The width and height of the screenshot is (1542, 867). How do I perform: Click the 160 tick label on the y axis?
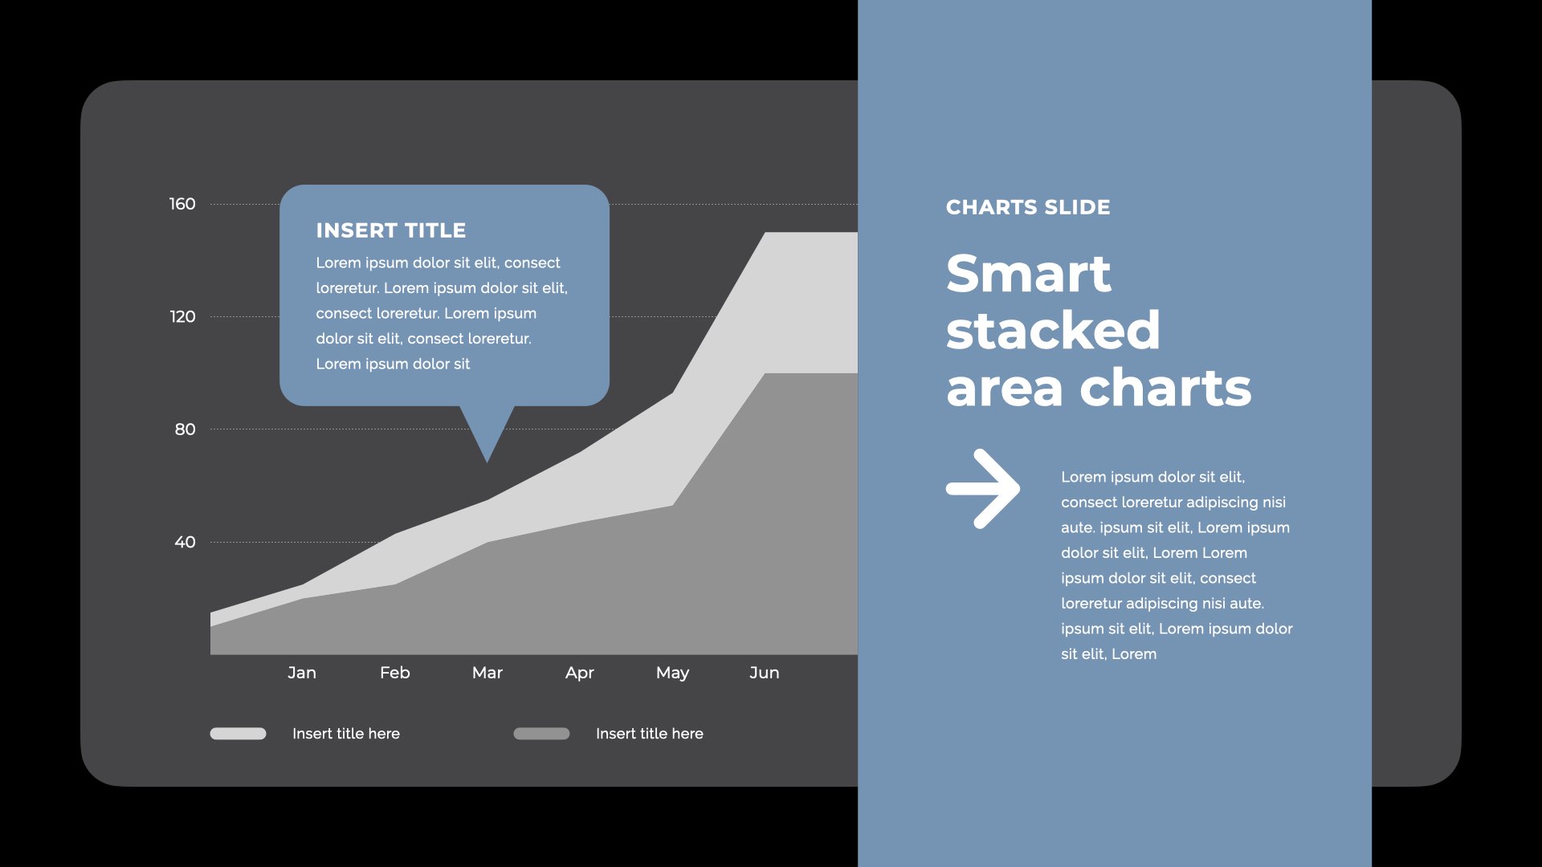click(182, 204)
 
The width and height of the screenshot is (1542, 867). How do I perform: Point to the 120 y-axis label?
click(182, 316)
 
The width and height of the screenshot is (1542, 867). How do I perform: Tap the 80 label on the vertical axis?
click(185, 429)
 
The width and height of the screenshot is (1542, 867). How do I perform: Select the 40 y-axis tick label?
click(185, 542)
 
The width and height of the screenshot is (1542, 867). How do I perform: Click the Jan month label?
click(302, 673)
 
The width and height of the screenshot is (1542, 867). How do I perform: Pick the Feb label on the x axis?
click(395, 673)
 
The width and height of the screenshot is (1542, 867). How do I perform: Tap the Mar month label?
click(487, 673)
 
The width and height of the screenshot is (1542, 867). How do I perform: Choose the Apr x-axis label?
click(580, 674)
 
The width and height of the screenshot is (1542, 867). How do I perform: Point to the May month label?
click(672, 674)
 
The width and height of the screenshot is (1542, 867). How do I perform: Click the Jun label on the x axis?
click(765, 673)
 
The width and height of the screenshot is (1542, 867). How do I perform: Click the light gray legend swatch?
click(238, 734)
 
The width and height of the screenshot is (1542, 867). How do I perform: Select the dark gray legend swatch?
click(541, 734)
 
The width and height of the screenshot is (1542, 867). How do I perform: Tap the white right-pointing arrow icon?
click(983, 488)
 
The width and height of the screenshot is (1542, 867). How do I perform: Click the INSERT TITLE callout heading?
click(391, 230)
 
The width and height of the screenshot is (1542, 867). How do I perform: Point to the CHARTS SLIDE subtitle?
click(1028, 207)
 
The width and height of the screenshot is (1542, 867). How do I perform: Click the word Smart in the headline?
click(1029, 274)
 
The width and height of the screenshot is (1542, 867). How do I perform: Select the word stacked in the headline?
click(1053, 330)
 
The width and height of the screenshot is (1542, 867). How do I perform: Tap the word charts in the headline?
click(1165, 388)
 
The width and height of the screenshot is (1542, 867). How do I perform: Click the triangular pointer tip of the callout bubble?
click(487, 462)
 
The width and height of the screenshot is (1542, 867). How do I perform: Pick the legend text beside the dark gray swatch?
click(650, 734)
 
